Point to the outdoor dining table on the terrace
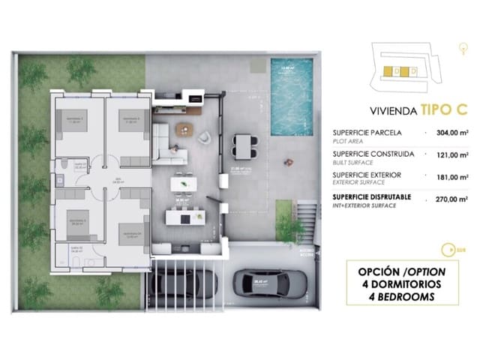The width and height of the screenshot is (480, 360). click(x=244, y=142)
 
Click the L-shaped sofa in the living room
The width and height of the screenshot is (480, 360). click(x=171, y=139)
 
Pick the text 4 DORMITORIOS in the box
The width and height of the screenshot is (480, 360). click(x=397, y=283)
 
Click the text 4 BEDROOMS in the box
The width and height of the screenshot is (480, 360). click(x=397, y=297)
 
